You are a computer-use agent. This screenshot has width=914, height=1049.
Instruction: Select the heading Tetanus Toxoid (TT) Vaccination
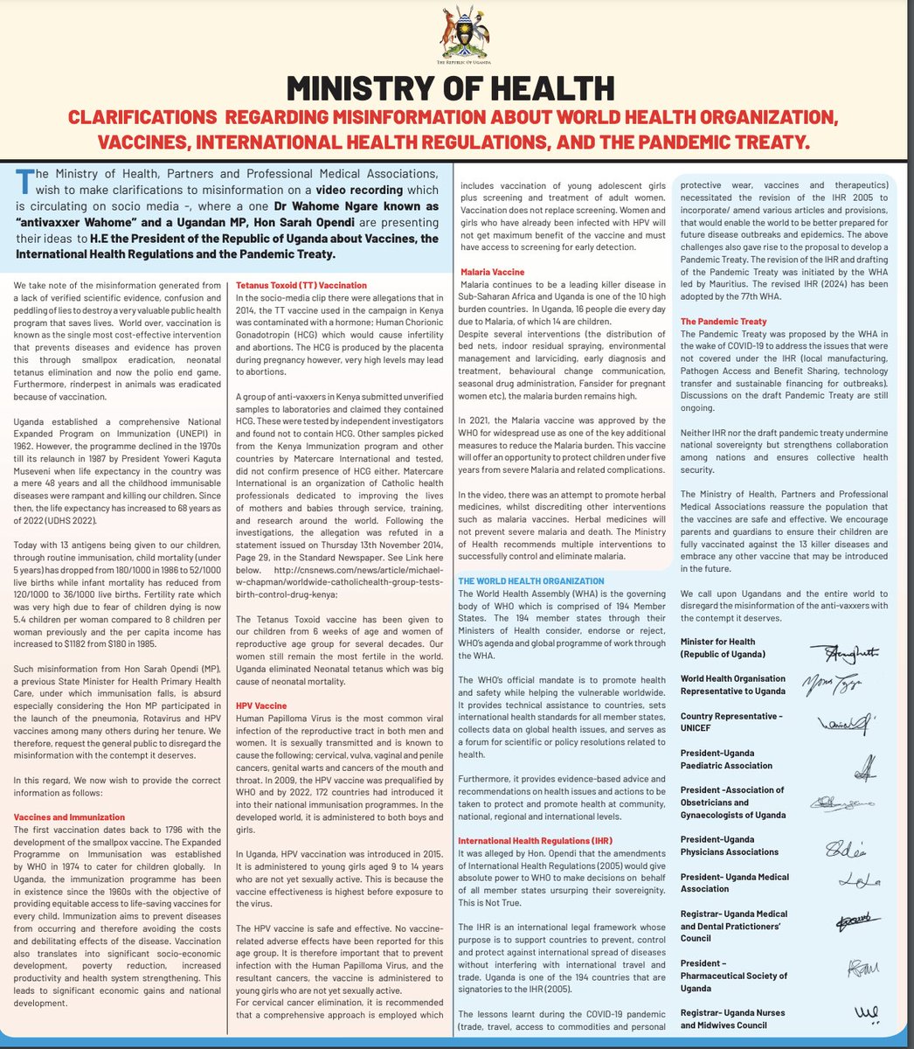click(x=301, y=285)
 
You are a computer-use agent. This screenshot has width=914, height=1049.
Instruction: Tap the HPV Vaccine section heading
click(x=261, y=705)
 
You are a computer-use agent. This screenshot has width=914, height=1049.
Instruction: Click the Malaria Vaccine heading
click(x=493, y=273)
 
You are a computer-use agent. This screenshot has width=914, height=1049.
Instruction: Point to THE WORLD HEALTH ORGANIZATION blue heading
click(x=530, y=580)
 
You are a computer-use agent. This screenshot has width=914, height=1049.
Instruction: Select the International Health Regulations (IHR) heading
click(x=535, y=841)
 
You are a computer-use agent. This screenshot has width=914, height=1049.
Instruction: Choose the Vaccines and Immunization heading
click(x=69, y=817)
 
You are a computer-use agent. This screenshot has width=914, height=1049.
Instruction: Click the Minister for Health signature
click(x=844, y=652)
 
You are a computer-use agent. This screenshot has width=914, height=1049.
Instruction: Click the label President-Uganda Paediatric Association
click(x=726, y=759)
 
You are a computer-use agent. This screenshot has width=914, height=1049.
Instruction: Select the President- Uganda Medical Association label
click(x=734, y=882)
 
